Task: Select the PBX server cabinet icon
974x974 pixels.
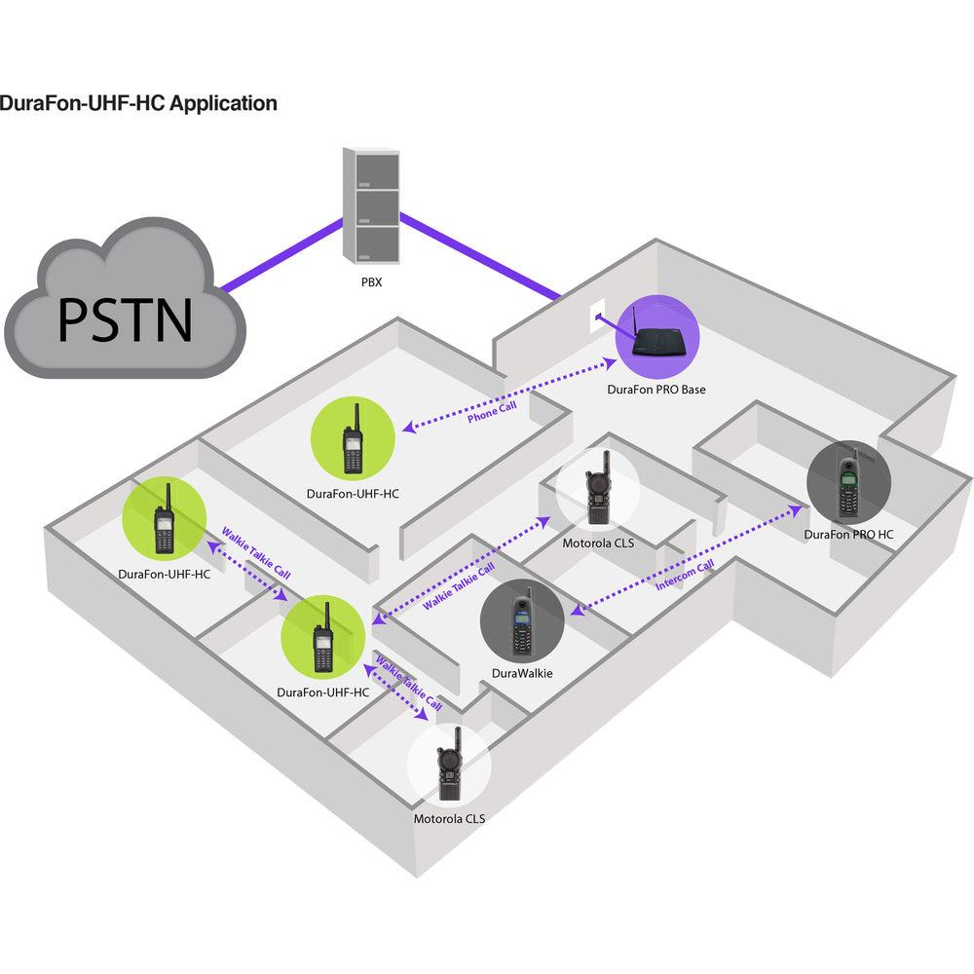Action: (371, 204)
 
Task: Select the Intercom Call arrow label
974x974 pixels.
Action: (686, 574)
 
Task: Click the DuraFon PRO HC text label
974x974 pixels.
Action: (848, 535)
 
